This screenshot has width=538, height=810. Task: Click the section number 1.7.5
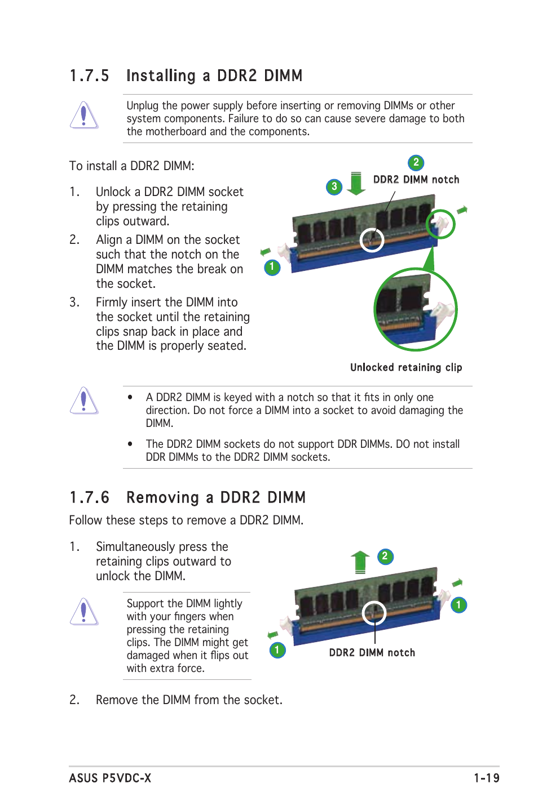click(89, 75)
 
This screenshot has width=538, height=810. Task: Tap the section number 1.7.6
click(89, 497)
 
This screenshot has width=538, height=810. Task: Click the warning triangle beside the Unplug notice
click(84, 115)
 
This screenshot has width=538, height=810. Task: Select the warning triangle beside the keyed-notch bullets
click(84, 401)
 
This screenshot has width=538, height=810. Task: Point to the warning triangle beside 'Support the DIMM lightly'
click(84, 612)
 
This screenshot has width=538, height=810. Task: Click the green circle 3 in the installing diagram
click(334, 186)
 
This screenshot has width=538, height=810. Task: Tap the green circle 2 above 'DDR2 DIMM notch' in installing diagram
click(416, 163)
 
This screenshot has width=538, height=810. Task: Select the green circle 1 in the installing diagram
click(272, 266)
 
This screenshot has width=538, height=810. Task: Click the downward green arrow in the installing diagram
click(356, 184)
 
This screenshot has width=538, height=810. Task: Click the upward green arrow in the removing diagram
click(360, 562)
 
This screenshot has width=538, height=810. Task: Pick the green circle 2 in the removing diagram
click(385, 557)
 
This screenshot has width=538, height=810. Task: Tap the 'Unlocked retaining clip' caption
click(406, 367)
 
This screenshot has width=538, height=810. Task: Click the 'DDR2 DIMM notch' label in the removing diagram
click(372, 652)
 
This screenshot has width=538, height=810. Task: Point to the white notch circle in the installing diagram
click(372, 240)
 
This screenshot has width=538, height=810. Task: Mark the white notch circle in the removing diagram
click(374, 613)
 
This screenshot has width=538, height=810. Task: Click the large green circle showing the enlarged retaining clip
click(416, 310)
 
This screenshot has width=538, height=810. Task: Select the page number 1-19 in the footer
click(486, 778)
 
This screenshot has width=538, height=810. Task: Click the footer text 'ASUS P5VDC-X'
click(110, 778)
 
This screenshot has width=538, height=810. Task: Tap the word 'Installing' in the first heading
click(161, 75)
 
